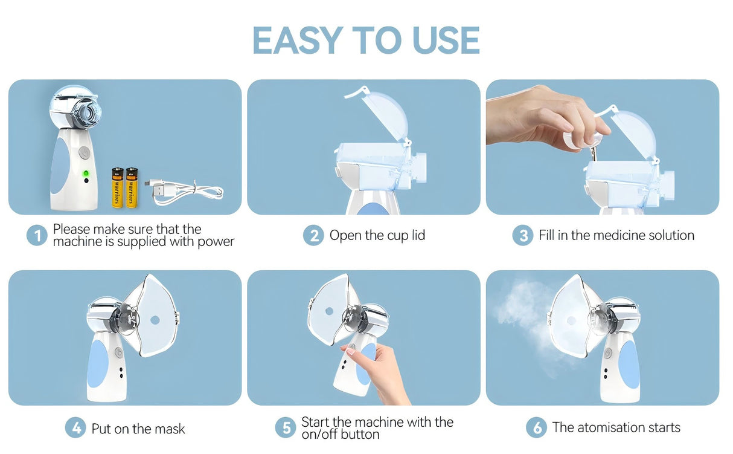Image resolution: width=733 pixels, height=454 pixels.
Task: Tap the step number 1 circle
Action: coord(37,235)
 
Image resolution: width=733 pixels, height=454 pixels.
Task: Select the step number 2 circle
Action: coord(313,235)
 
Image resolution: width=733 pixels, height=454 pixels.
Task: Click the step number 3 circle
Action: coord(523,235)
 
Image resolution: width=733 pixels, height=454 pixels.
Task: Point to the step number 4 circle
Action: coord(75,429)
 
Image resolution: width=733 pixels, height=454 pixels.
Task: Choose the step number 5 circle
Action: coord(286,429)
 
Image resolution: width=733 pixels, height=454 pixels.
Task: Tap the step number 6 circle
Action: coord(536,428)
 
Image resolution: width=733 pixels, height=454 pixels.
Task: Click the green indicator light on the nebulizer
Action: coord(86,173)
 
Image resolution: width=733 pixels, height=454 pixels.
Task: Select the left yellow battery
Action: coord(117,188)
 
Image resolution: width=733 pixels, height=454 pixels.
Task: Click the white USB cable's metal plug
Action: coord(156,189)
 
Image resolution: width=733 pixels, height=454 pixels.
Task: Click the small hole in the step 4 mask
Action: coord(155,319)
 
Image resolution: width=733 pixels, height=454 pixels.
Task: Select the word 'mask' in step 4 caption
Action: coord(170,429)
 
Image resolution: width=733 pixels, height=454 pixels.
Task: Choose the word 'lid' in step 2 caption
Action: coord(418,235)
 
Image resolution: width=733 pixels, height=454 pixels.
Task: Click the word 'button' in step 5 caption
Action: coord(360,435)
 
